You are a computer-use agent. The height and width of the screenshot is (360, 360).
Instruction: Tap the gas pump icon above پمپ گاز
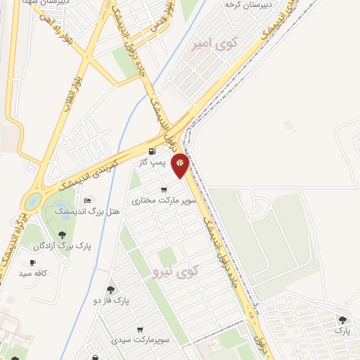coord(152,152)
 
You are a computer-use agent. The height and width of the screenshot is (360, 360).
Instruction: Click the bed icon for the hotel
coord(87,201)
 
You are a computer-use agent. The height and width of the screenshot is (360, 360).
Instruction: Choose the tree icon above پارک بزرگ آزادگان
coord(62,235)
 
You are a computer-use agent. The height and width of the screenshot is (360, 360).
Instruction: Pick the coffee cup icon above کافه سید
coord(32,262)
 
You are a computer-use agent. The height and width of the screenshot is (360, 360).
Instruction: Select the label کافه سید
coord(32,273)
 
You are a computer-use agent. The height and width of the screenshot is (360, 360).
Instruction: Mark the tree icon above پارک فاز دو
coord(110,289)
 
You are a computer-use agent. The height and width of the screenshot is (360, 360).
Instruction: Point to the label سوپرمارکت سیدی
coord(141,340)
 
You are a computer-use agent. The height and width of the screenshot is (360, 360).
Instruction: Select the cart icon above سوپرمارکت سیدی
coord(141,329)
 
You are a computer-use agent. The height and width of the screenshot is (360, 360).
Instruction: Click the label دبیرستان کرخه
coord(243,5)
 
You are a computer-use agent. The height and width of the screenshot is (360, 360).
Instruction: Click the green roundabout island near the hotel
coord(32,202)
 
